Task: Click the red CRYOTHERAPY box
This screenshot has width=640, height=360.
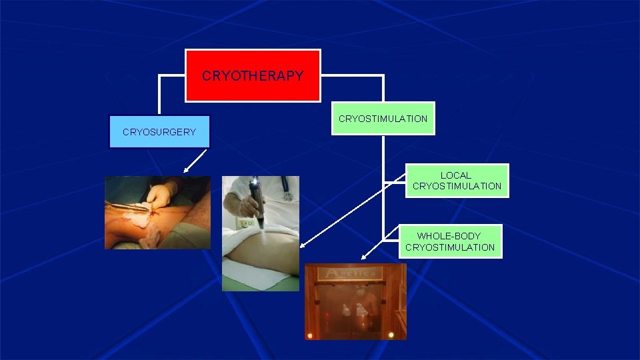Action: pos(253,75)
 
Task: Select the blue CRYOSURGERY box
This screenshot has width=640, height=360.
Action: pos(159,132)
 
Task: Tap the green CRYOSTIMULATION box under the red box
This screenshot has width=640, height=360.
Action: pos(383,119)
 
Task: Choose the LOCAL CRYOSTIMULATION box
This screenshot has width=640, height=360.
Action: pos(457,181)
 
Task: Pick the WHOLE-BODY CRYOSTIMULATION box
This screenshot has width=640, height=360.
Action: pos(450,241)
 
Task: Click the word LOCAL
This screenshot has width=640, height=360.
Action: pos(456,175)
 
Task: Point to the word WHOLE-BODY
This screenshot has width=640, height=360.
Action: pos(450,236)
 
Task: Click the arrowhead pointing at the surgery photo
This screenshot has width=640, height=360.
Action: pos(187,171)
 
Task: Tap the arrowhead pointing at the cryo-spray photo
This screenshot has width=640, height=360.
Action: pos(302,246)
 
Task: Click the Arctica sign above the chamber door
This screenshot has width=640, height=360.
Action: pos(349,272)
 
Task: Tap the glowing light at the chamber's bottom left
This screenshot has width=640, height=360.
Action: pos(309,334)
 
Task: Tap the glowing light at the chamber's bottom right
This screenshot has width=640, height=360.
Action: pos(391,334)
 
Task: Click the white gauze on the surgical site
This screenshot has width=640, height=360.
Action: pos(137,216)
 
